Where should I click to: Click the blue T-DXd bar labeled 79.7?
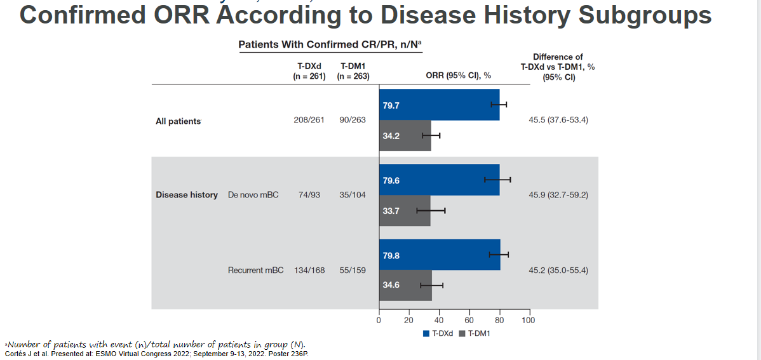tap(439, 105)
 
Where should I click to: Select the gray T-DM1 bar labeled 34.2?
tap(405, 136)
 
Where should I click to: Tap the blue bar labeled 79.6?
tap(439, 180)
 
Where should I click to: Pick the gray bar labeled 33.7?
tap(405, 211)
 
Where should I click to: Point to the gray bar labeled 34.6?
tap(405, 286)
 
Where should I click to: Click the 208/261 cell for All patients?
tap(309, 120)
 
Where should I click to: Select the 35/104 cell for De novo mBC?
tap(353, 195)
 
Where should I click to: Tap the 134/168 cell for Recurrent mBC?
tap(309, 270)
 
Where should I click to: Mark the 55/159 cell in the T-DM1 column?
tap(353, 270)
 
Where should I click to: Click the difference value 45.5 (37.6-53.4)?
tap(558, 120)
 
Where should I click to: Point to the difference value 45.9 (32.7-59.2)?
tap(558, 195)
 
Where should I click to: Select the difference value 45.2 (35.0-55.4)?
tap(558, 270)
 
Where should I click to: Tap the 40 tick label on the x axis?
tap(439, 321)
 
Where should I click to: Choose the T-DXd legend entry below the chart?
tap(439, 334)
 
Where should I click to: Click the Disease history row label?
tap(187, 195)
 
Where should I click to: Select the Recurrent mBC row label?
tap(255, 270)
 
